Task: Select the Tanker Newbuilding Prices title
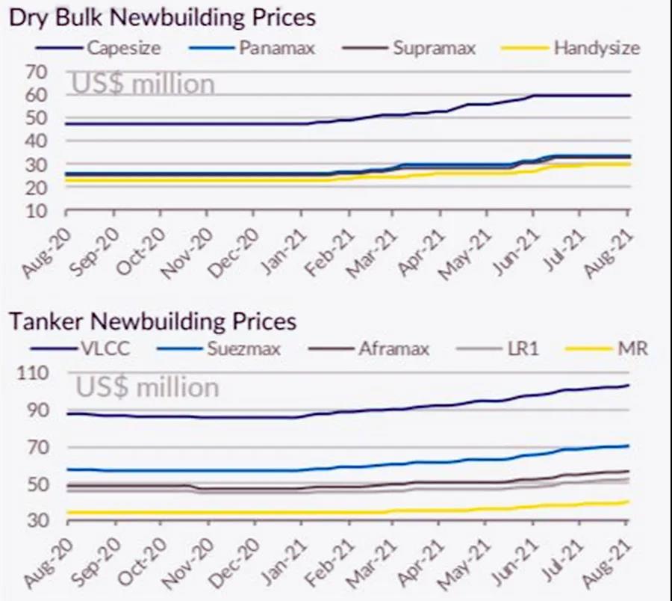coord(152,321)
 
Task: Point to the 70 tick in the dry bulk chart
coord(37,73)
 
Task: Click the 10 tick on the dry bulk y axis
coord(37,211)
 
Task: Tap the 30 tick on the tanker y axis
coord(37,520)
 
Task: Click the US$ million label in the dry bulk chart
coord(143,84)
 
